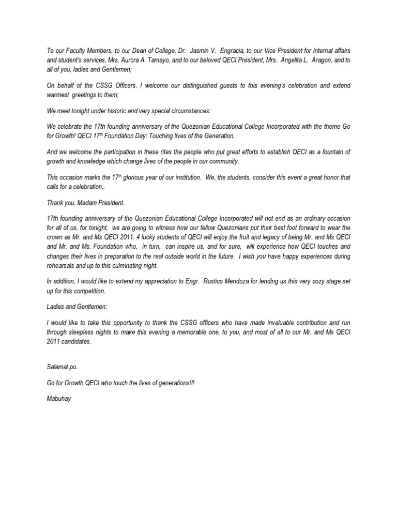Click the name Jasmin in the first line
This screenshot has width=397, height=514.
196,51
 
